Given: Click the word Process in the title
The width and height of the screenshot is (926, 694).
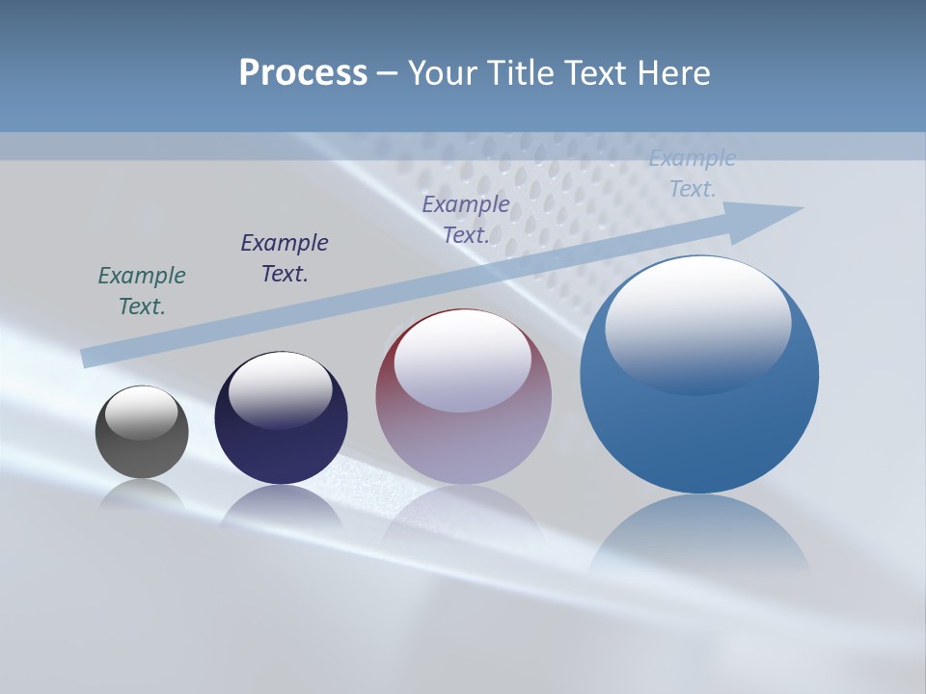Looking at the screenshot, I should (303, 73).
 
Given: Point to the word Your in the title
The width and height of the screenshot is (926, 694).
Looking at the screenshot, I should (443, 73).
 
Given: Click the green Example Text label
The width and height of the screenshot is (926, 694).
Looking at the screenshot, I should (142, 291).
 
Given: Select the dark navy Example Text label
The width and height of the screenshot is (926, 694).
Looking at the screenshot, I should (285, 258).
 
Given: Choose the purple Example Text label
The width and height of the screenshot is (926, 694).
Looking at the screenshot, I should (466, 220).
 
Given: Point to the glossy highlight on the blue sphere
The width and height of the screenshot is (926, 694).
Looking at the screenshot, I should (697, 325).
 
